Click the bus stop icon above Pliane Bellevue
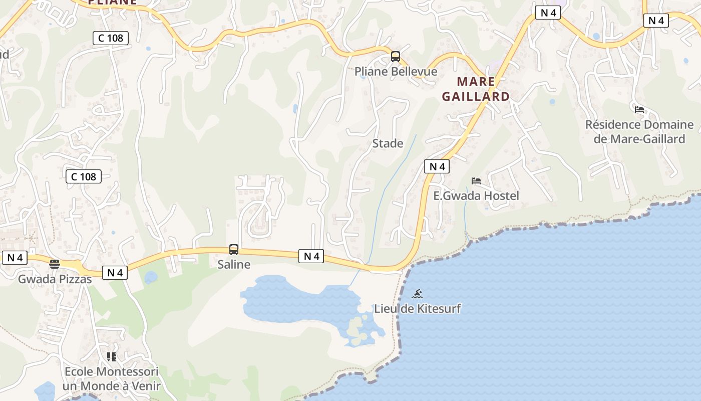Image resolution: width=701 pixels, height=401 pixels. [396, 56]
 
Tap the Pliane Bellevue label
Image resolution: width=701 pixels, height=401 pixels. [396, 71]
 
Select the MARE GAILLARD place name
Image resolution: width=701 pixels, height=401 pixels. [476, 89]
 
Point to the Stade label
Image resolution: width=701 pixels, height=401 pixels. [388, 143]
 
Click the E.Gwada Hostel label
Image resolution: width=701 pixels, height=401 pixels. [476, 195]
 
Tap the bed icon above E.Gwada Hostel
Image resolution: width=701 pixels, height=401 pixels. [476, 181]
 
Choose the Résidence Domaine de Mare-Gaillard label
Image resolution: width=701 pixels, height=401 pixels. [639, 131]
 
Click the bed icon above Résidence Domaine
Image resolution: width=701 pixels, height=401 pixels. [639, 109]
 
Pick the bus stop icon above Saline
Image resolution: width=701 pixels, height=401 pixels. [234, 249]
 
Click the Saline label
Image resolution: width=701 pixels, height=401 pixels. [234, 264]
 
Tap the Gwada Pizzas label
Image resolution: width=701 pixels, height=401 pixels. [55, 279]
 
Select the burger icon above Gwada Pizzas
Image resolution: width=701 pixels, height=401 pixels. [55, 264]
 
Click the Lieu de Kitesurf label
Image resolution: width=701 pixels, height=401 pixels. [418, 308]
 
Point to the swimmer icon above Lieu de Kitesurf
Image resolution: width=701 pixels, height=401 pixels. [417, 294]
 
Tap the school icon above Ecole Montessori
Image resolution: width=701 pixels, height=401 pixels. [111, 357]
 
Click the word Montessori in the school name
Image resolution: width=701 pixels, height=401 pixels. [127, 372]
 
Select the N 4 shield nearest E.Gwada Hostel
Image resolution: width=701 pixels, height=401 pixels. [437, 166]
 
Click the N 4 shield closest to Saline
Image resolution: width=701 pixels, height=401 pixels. [311, 256]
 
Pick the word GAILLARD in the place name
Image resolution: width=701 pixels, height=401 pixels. [476, 96]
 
